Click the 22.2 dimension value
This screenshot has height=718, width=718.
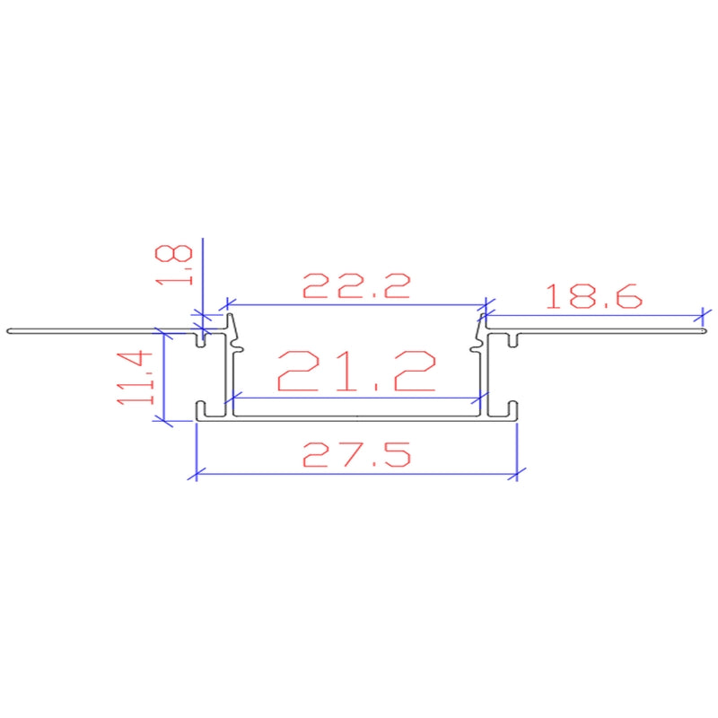[356, 285]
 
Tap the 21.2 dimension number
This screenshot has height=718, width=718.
[357, 371]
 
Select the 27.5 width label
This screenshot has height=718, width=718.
[356, 454]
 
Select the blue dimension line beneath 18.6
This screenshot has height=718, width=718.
[592, 315]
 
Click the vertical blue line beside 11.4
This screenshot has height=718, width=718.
[162, 377]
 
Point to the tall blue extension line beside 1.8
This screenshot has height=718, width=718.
[204, 269]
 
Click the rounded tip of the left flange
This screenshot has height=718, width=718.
[8, 331]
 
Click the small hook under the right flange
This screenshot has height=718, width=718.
[511, 340]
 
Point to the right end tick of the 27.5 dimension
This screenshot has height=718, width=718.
[519, 470]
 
